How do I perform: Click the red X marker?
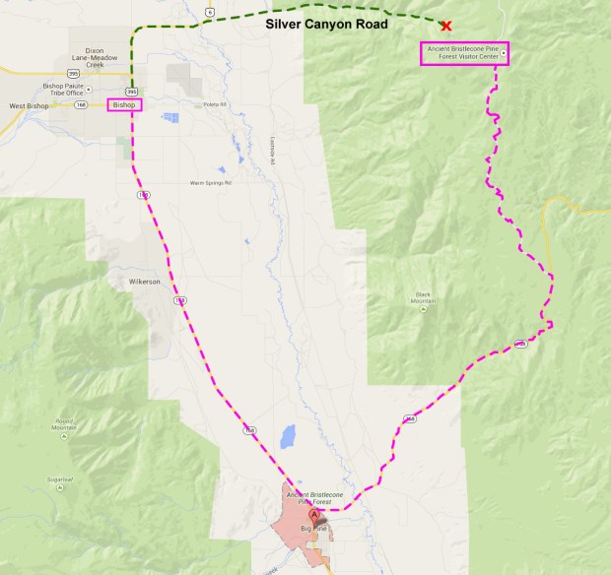(446, 26)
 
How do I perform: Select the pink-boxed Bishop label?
(124, 104)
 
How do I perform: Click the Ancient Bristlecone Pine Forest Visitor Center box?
(464, 53)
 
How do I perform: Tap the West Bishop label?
(29, 105)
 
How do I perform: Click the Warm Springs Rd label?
(210, 182)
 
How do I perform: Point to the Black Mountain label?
(423, 296)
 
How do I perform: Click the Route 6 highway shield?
(209, 11)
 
